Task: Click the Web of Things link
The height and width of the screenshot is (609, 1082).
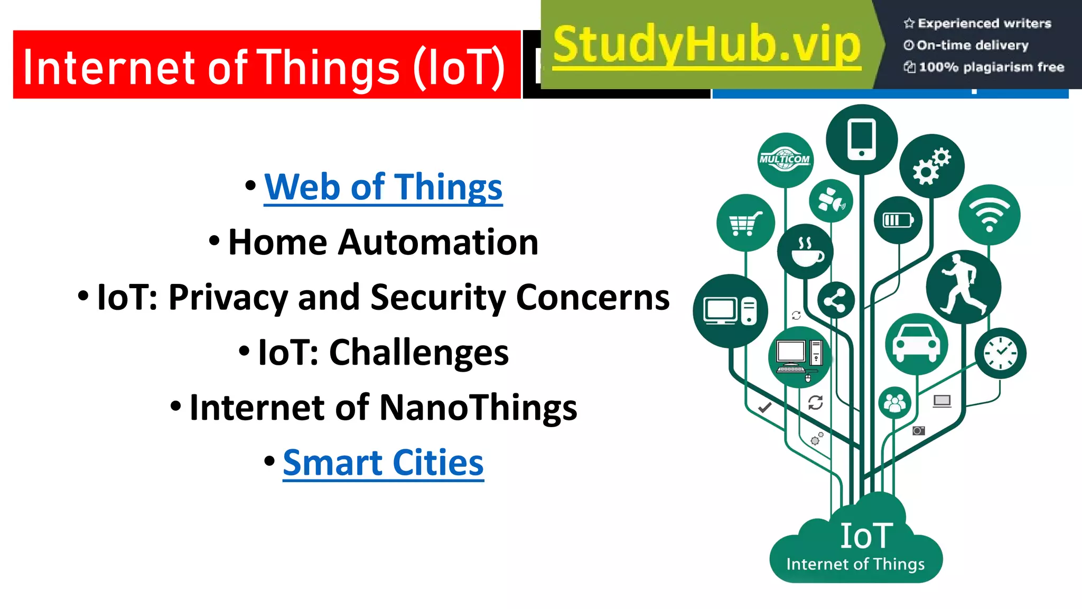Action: (x=383, y=187)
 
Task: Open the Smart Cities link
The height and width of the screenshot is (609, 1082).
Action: (x=383, y=463)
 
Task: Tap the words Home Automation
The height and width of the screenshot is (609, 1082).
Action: (x=383, y=243)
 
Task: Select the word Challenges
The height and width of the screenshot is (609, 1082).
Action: (x=418, y=353)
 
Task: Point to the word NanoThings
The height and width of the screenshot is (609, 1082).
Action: (x=478, y=408)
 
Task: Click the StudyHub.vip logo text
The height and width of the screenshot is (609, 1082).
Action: (x=707, y=45)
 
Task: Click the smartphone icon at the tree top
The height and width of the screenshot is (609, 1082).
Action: (x=861, y=139)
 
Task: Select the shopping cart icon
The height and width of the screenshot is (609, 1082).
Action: (x=745, y=223)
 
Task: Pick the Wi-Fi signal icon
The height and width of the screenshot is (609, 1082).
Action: (x=989, y=215)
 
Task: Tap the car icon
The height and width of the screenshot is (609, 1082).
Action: (x=916, y=344)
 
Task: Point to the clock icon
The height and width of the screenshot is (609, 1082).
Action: (x=1000, y=353)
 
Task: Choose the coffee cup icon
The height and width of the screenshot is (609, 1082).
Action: (x=805, y=252)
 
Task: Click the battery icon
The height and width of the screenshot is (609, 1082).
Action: (x=898, y=220)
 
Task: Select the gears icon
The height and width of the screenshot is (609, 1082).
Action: (x=931, y=166)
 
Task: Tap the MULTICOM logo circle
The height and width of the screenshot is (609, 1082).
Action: (x=785, y=160)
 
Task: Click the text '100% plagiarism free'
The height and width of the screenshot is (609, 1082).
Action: (x=991, y=67)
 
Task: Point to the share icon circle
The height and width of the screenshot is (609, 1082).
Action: (x=835, y=301)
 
